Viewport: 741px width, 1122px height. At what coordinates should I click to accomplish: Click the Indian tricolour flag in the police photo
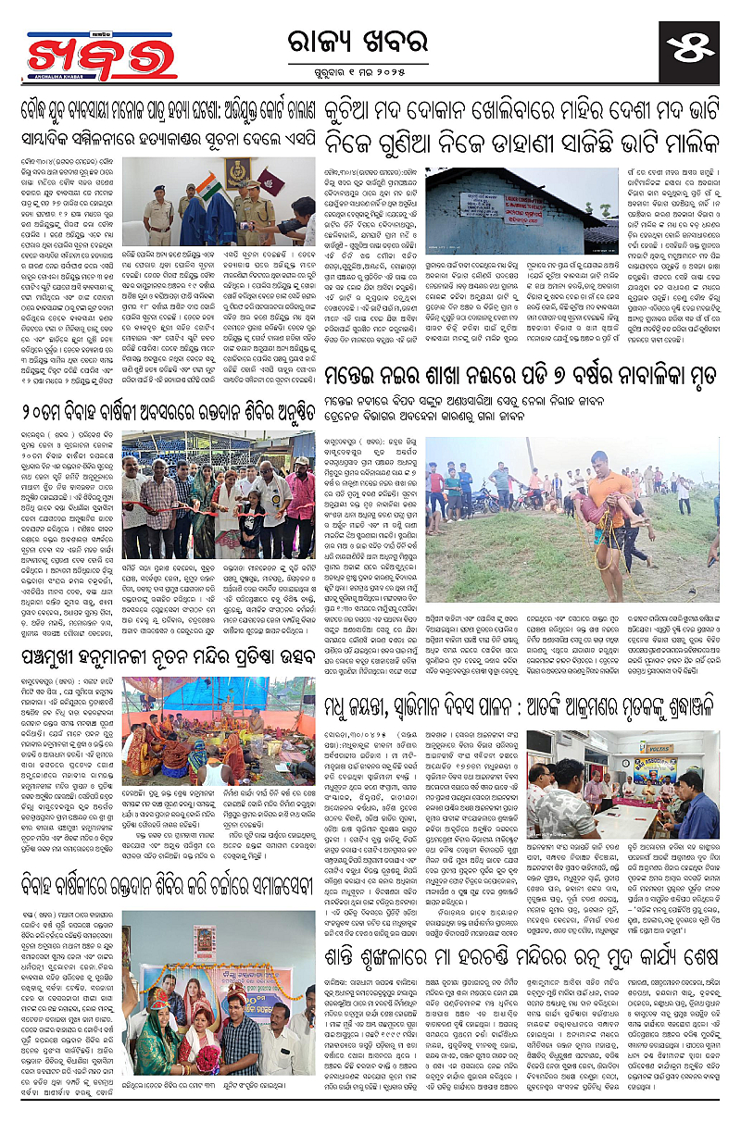pos(210,185)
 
